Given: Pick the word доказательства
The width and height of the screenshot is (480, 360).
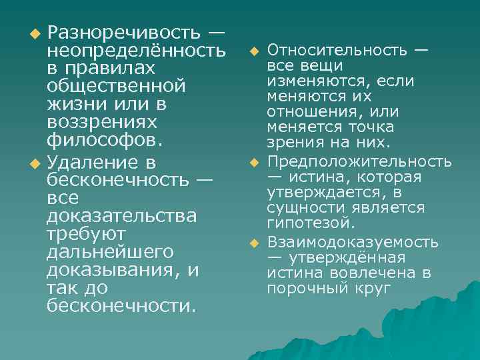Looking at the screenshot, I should [x=122, y=216].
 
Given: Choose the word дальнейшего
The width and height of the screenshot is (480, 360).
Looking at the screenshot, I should [x=110, y=253].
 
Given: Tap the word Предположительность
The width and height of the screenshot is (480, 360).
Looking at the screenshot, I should [x=359, y=162].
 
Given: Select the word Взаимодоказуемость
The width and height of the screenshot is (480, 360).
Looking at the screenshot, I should [x=353, y=242].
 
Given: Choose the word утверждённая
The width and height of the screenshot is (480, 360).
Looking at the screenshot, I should [x=353, y=257].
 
